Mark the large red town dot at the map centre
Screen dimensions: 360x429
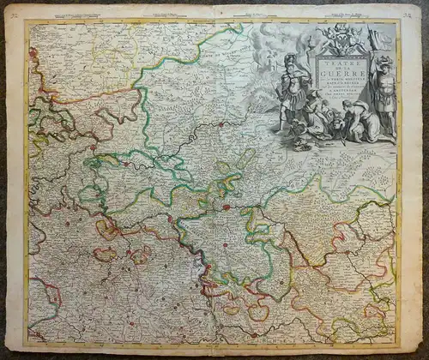click(x=227, y=207)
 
